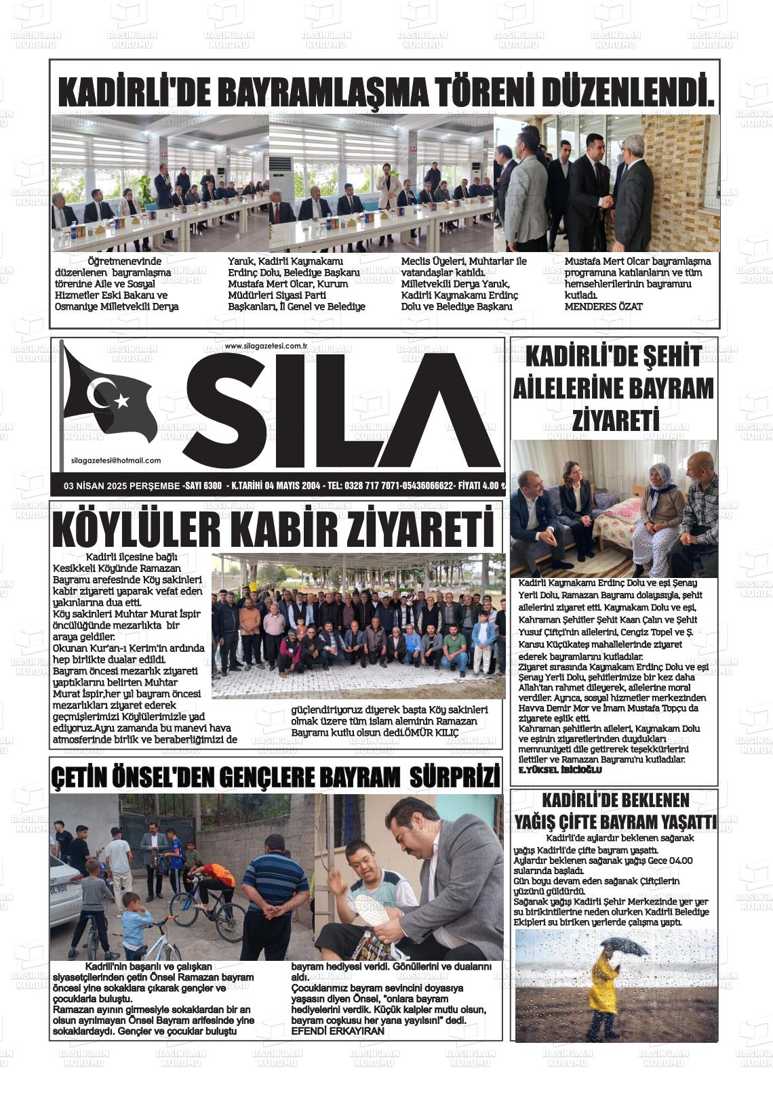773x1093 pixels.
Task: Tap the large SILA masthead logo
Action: [342, 411]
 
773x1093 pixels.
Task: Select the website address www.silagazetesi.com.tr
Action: [266, 346]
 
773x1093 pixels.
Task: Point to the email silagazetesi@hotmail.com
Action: [116, 461]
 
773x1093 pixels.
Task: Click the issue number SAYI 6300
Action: [203, 486]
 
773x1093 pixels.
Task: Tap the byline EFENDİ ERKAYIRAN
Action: [337, 1031]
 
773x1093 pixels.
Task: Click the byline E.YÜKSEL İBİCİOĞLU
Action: [559, 771]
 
